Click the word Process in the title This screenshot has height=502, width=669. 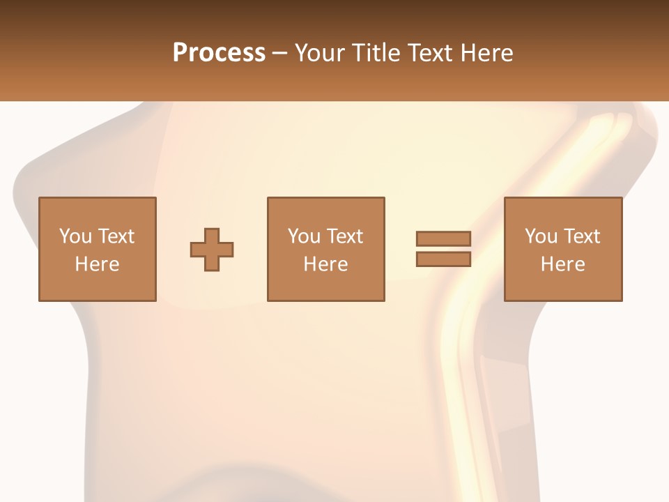219,52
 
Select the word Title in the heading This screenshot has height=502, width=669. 376,52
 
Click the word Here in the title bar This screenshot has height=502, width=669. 486,52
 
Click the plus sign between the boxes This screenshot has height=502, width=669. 212,250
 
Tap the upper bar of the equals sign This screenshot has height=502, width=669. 443,238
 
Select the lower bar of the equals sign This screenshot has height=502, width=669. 443,259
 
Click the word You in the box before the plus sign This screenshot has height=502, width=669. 75,236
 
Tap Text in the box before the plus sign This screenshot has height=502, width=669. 115,236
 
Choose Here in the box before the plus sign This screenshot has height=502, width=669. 97,264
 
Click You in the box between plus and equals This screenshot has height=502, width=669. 304,236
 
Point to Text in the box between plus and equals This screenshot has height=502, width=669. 344,236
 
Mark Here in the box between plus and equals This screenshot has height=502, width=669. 325,264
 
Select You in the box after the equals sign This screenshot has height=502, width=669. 541,236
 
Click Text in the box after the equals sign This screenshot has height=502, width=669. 580,236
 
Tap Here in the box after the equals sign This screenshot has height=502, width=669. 562,264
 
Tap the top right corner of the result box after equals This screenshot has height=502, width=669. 621,199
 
